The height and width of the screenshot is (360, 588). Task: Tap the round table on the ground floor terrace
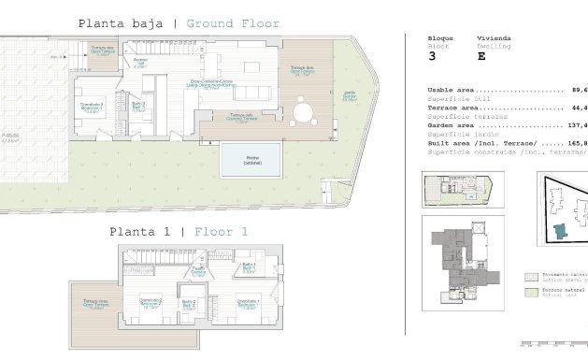pyautogui.click(x=301, y=115)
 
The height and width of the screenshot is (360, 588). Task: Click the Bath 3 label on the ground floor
pyautogui.click(x=137, y=106)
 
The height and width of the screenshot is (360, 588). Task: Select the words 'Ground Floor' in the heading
pyautogui.click(x=233, y=23)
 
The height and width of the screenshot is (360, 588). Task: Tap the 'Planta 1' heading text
pyautogui.click(x=138, y=231)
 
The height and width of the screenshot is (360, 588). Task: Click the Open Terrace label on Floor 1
pyautogui.click(x=94, y=315)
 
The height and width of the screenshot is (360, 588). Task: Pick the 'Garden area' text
pyautogui.click(x=442, y=123)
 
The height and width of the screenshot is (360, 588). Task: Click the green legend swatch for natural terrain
pyautogui.click(x=531, y=291)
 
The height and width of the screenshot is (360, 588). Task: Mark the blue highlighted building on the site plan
pyautogui.click(x=559, y=230)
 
